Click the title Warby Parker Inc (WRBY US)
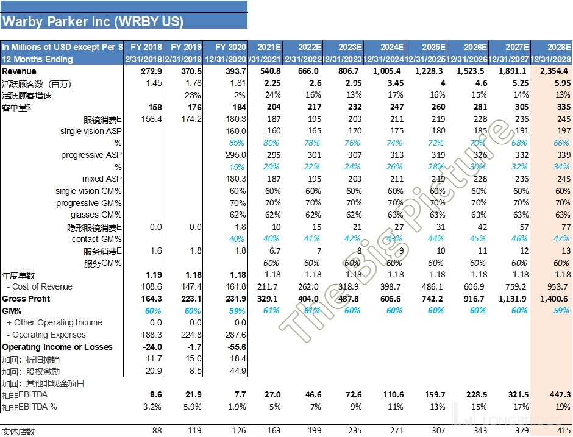point(93,21)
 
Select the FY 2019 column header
point(185,47)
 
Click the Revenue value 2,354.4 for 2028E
point(553,71)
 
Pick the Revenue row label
point(19,71)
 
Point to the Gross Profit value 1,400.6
point(553,299)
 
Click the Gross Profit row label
point(26,299)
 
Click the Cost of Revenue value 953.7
point(558,286)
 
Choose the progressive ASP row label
point(91,155)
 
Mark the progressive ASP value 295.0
point(235,155)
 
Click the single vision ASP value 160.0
point(235,131)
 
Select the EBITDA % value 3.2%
point(152,407)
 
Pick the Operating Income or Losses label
point(57,347)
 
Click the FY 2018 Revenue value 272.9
point(151,71)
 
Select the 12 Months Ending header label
point(38,59)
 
